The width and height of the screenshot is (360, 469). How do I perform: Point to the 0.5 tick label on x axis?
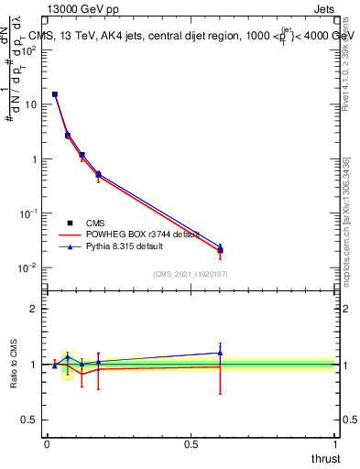coord(191,444)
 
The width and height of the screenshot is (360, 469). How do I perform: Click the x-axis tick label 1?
coord(335,444)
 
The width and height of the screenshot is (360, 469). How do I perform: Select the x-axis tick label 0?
coord(47,444)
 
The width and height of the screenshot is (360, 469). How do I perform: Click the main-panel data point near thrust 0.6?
coord(220,250)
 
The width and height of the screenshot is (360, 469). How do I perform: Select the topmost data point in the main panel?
coord(55,94)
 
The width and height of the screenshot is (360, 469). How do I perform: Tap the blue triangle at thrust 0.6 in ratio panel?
coord(220,353)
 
